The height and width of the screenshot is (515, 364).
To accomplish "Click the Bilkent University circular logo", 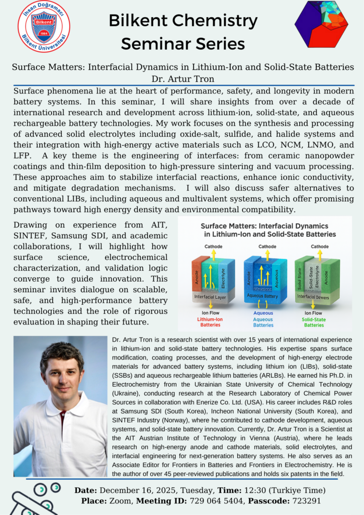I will tap(44, 26).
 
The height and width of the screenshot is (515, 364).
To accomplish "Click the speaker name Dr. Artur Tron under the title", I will tap(182, 78).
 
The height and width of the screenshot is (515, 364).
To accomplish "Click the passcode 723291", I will tap(304, 501).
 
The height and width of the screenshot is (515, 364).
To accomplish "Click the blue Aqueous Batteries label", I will tap(263, 322).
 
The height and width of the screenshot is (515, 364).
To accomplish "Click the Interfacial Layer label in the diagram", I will tap(210, 298).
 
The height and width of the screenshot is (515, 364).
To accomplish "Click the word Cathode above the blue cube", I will tap(266, 246).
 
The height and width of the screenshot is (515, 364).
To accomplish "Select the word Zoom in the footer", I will tap(115, 501).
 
